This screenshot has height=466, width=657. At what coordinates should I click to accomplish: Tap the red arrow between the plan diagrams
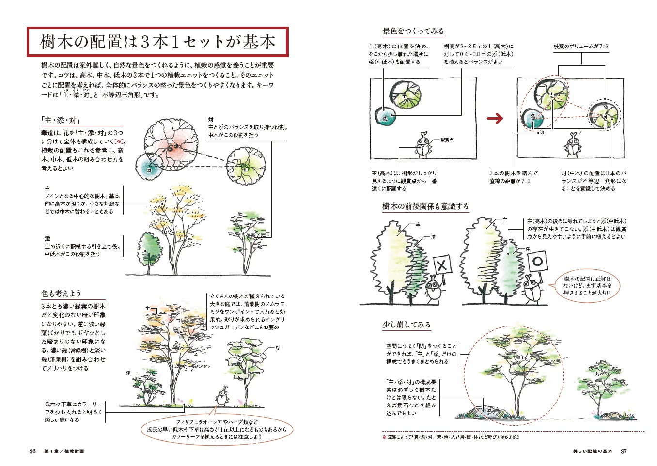point(495,118)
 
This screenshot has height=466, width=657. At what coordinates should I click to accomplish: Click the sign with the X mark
point(441,265)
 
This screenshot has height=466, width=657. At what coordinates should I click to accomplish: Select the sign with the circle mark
point(536,262)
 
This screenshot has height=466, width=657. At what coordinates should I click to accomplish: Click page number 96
point(33,451)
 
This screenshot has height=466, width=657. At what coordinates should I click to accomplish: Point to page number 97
point(624,451)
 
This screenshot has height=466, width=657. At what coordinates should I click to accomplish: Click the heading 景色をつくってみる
point(413,31)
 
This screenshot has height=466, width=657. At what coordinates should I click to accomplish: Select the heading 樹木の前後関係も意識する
point(425,206)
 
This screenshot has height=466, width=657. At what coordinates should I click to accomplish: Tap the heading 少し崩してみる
point(406,325)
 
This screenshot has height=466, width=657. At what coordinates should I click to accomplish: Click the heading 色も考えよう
point(61,293)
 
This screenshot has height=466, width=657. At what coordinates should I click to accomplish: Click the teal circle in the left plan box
point(386,117)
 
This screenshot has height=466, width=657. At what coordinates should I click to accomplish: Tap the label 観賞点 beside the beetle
point(447,140)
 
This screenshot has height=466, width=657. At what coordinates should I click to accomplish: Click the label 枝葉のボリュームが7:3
point(581,47)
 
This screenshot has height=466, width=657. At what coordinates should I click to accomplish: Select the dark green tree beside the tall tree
point(150,249)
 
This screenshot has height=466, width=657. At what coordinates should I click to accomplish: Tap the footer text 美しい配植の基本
point(592,451)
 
